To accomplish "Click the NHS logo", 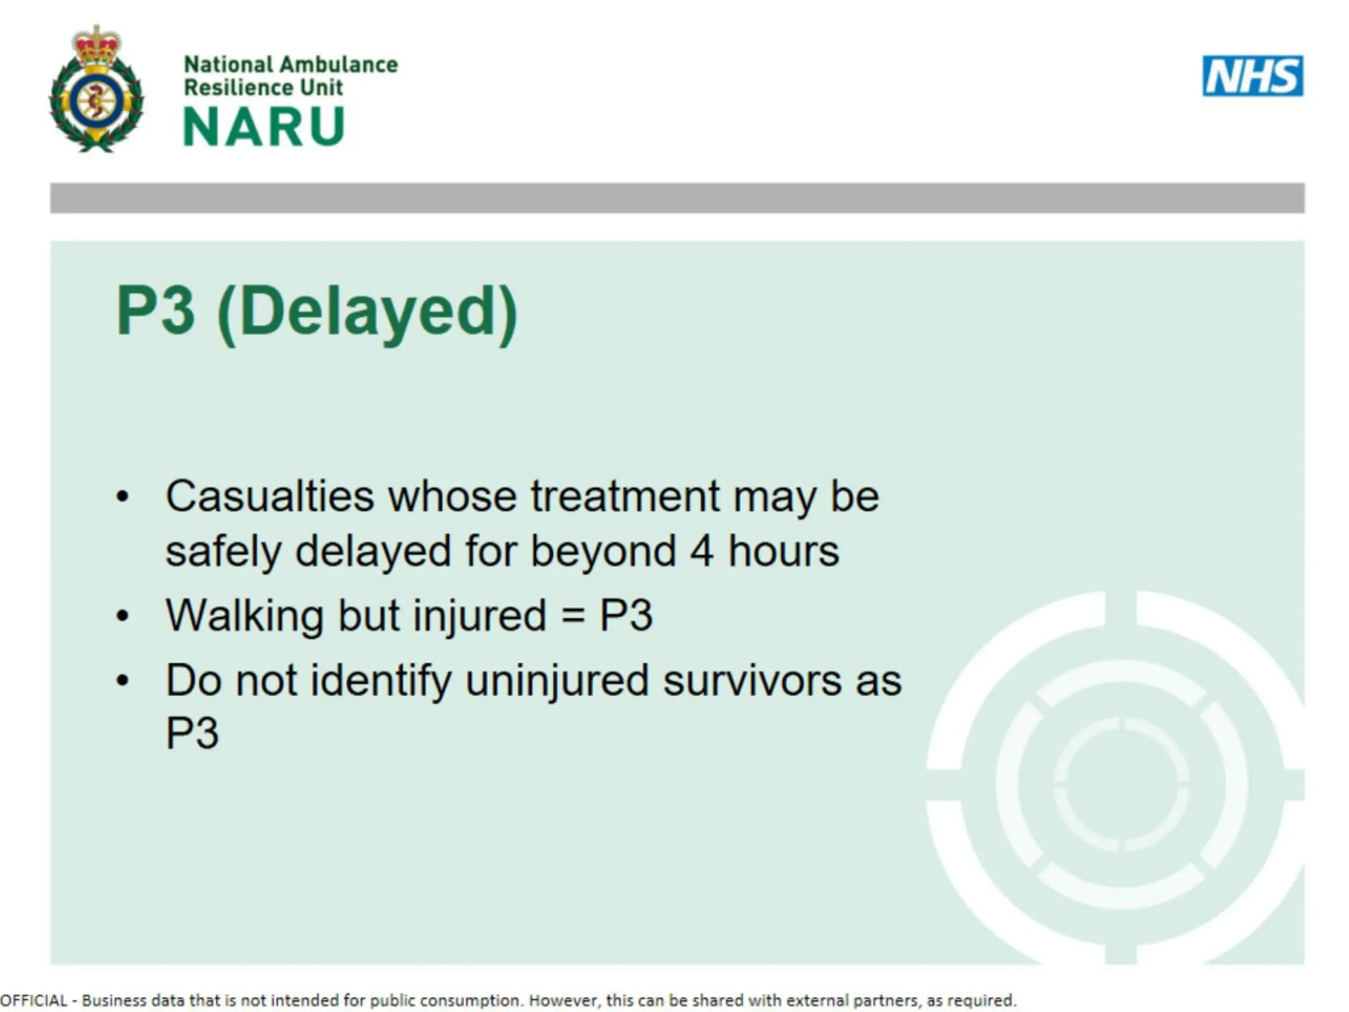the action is pos(1253,76).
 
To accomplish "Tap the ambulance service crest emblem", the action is pos(96,89).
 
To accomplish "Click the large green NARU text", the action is pos(264,127).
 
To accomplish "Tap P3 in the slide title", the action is pos(155,310).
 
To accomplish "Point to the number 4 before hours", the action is pos(702,551).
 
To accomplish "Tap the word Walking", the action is pos(245,616).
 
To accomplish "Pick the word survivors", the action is pos(752,681).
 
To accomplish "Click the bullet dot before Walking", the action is pos(123,616).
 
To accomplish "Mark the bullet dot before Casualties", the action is pos(123,497).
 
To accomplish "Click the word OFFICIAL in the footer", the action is pos(34,1000).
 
